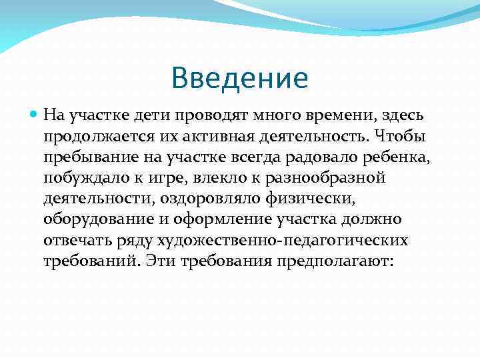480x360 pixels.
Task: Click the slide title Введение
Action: pyautogui.click(x=239, y=77)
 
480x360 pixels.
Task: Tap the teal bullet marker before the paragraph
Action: pyautogui.click(x=35, y=115)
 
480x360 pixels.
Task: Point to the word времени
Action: pyautogui.click(x=321, y=115)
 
